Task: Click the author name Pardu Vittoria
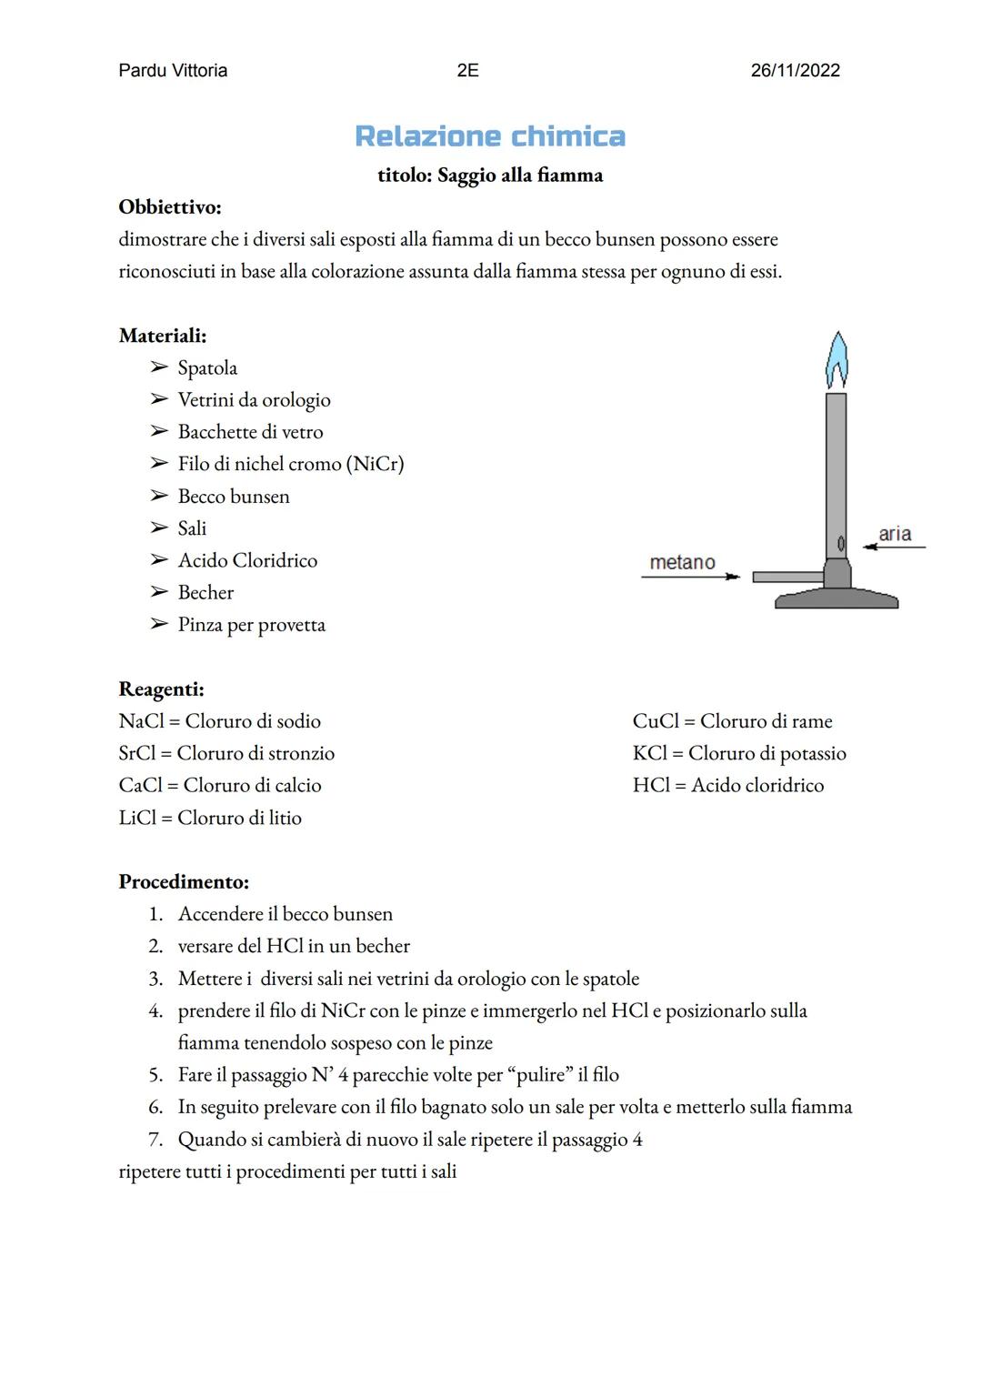click(x=173, y=71)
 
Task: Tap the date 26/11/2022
click(x=795, y=71)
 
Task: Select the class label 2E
click(x=467, y=71)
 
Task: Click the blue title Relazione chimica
click(x=490, y=136)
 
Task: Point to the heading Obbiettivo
click(x=170, y=207)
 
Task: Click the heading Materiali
click(x=163, y=336)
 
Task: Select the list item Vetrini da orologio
click(x=254, y=400)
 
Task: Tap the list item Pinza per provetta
click(x=251, y=625)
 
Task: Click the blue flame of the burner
click(x=837, y=361)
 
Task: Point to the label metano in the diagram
click(x=682, y=563)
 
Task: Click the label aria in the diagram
click(x=895, y=534)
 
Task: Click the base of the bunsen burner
click(x=837, y=599)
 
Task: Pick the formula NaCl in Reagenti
click(x=140, y=721)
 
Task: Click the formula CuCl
click(x=656, y=721)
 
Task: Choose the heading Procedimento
click(x=184, y=882)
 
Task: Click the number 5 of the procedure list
click(x=155, y=1075)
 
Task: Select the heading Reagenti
click(x=161, y=689)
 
